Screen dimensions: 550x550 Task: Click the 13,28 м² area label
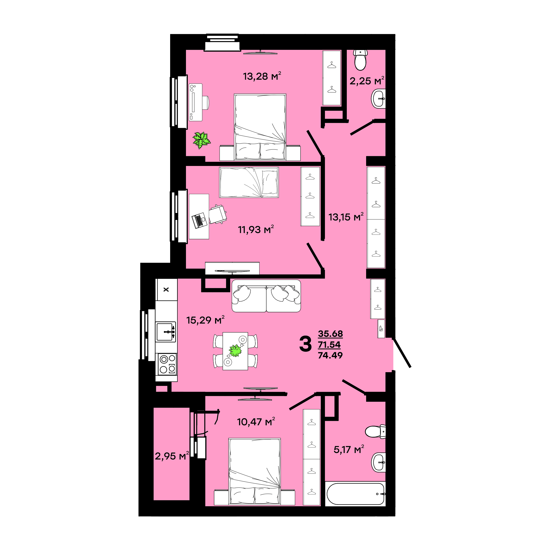262,76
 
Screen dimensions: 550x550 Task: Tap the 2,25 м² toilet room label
367,81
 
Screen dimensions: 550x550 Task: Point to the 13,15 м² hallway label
346,217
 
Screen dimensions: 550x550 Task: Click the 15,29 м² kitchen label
205,320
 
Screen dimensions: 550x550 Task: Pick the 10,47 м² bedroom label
256,422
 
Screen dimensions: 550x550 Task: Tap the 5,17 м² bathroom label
349,449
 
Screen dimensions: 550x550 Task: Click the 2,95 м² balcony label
172,456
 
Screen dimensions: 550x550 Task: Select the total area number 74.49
330,355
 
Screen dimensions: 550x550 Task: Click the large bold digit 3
305,344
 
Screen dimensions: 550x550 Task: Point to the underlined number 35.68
330,333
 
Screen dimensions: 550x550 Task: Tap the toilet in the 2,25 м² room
360,60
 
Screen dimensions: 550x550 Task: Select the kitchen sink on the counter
165,332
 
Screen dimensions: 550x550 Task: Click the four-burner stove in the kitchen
167,364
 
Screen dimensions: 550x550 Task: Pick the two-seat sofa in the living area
266,296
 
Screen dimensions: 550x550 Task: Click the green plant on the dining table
235,351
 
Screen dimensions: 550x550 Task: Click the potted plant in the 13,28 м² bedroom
202,140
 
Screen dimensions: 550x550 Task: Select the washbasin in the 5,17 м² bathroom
379,462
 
